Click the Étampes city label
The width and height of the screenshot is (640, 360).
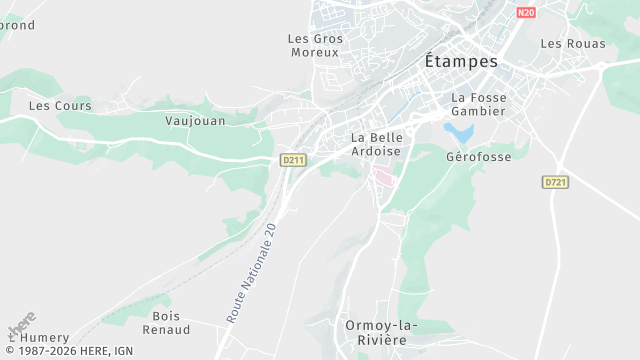click(461, 61)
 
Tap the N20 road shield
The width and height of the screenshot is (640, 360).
click(527, 13)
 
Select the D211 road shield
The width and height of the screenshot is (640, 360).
click(292, 160)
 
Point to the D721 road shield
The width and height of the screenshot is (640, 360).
click(555, 182)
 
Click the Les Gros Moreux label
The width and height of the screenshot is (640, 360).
click(315, 45)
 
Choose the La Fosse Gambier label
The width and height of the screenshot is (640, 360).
click(479, 104)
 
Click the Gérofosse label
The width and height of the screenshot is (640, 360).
click(478, 157)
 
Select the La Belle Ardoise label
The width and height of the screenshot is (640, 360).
click(376, 144)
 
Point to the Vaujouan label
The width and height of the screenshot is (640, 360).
click(195, 120)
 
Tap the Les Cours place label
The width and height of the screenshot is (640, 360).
click(60, 105)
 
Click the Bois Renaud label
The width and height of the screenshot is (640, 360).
click(166, 322)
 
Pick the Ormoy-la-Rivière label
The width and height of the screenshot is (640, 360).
click(382, 332)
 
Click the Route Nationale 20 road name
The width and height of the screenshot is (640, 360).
click(251, 272)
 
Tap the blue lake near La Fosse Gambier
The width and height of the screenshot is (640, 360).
click(459, 131)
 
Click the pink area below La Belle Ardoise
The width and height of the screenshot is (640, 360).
click(383, 176)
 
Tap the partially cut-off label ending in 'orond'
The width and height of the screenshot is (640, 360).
click(17, 25)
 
